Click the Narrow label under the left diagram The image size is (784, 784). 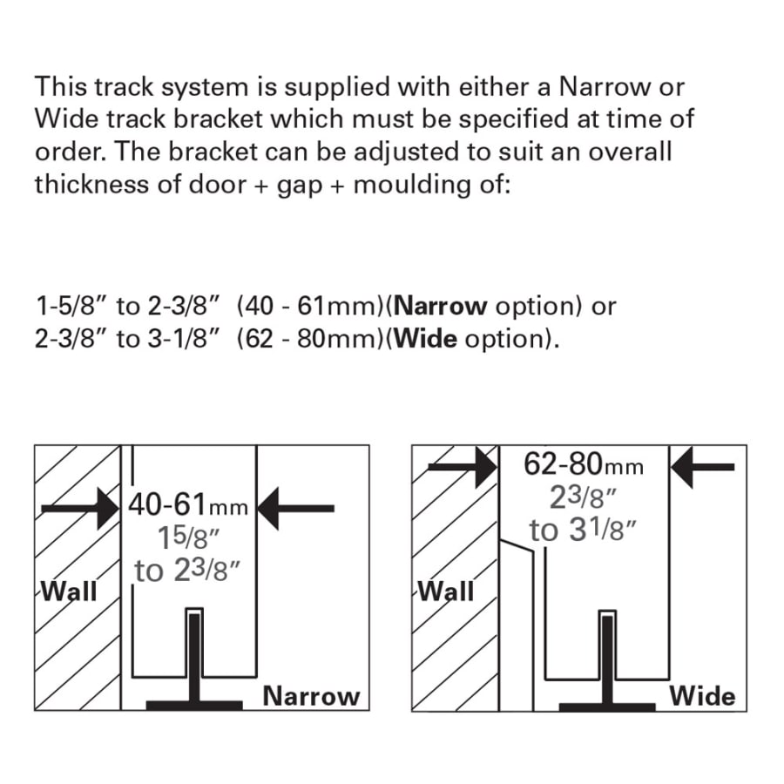[x=311, y=696]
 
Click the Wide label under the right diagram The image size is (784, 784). [x=702, y=696]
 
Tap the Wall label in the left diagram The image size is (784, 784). [x=70, y=591]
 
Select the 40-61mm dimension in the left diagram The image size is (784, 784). [x=188, y=504]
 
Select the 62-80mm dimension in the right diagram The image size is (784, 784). [x=584, y=465]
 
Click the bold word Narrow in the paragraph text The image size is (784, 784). [x=440, y=306]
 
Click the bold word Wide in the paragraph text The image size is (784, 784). [x=424, y=338]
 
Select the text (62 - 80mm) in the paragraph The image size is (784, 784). [x=310, y=338]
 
